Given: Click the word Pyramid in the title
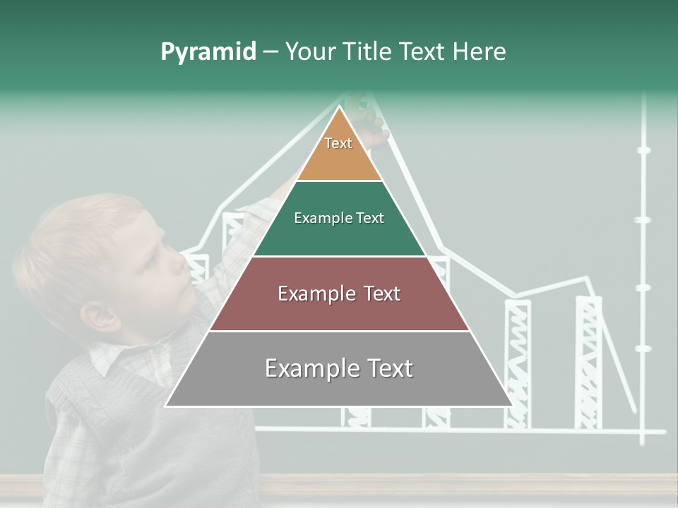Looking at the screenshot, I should (208, 52).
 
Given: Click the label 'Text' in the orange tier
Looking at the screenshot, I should (338, 143).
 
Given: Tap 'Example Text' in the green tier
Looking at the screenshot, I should (339, 218).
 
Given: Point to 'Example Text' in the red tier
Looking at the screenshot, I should (339, 294).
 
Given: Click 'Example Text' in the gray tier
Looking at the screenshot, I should (339, 368).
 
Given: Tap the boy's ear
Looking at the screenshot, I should (101, 317).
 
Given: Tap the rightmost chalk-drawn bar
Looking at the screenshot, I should (588, 360).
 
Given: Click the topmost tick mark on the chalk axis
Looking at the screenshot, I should (643, 150).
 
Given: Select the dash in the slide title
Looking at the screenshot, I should (270, 52).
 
